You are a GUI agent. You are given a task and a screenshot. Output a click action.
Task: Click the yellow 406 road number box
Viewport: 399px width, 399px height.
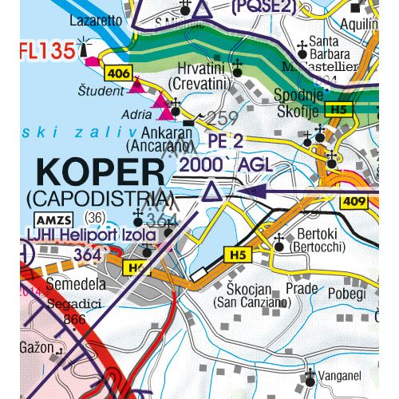point(116,73)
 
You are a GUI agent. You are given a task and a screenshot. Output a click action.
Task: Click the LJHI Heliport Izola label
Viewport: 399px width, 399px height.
point(89,236)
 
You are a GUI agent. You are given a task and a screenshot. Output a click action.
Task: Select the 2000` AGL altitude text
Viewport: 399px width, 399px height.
point(227,165)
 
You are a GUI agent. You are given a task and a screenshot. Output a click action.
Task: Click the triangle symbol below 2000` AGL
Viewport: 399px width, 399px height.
point(211,191)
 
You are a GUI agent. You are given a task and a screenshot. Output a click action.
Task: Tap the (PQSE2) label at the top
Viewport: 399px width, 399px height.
point(263,7)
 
